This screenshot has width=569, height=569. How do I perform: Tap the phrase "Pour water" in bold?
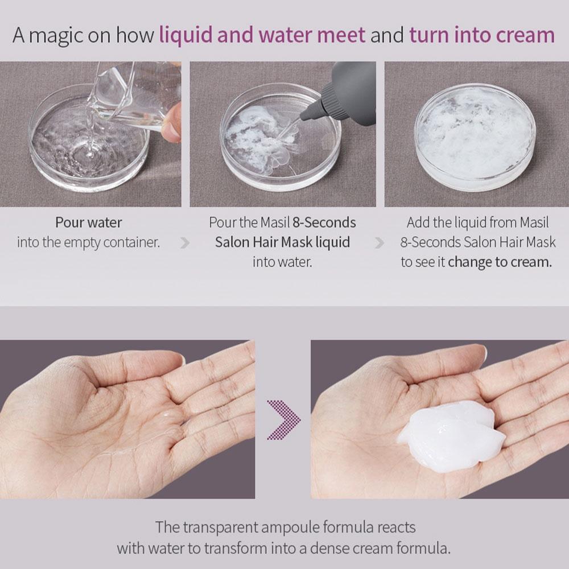coord(88,222)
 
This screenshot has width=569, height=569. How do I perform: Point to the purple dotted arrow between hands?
coord(283,420)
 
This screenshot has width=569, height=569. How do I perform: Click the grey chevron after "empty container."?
coord(185,243)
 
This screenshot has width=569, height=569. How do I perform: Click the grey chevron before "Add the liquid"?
coord(379,243)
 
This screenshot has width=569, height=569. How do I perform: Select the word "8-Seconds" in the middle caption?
coord(324,222)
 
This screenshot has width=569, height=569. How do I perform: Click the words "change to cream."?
coord(500,262)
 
